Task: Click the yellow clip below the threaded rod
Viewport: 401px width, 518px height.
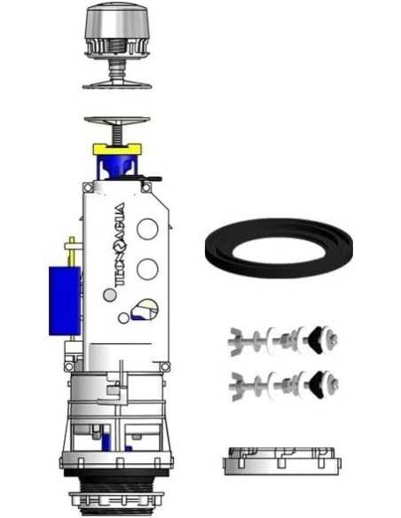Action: click(x=117, y=149)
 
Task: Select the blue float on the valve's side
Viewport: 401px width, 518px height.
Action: click(x=65, y=301)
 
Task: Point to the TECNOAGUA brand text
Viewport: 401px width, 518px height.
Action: click(x=119, y=245)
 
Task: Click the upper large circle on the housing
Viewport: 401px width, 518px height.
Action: click(x=147, y=229)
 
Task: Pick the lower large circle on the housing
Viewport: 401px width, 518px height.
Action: click(x=147, y=269)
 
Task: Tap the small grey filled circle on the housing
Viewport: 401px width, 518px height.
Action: click(x=110, y=294)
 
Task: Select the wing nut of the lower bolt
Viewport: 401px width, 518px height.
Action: click(x=238, y=386)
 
